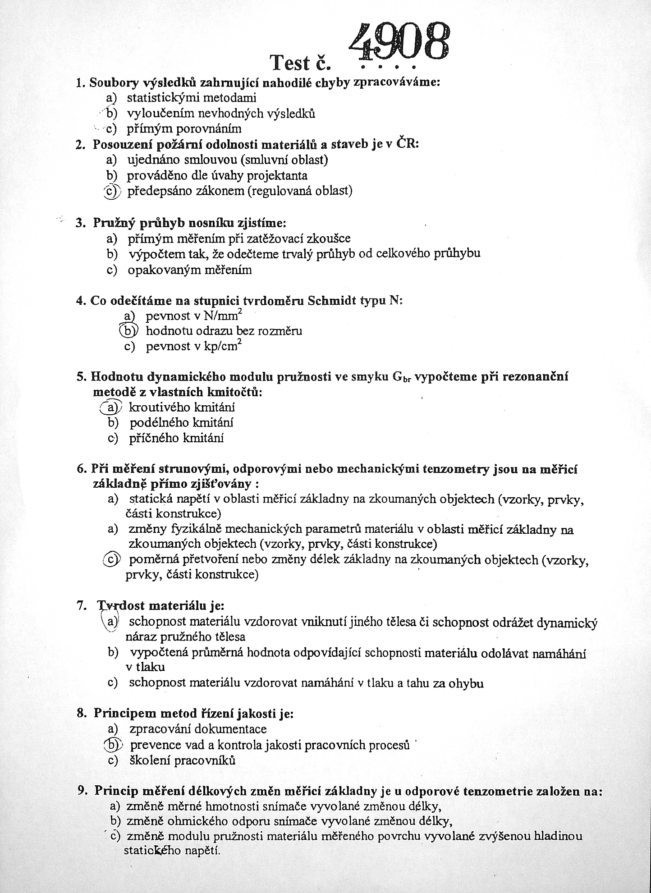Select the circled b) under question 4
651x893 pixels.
pyautogui.click(x=128, y=330)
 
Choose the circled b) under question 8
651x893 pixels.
pyautogui.click(x=111, y=745)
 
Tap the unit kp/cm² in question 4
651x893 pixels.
pyautogui.click(x=221, y=346)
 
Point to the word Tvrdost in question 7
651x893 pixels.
pyautogui.click(x=117, y=606)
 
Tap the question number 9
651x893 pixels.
pyautogui.click(x=83, y=790)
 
